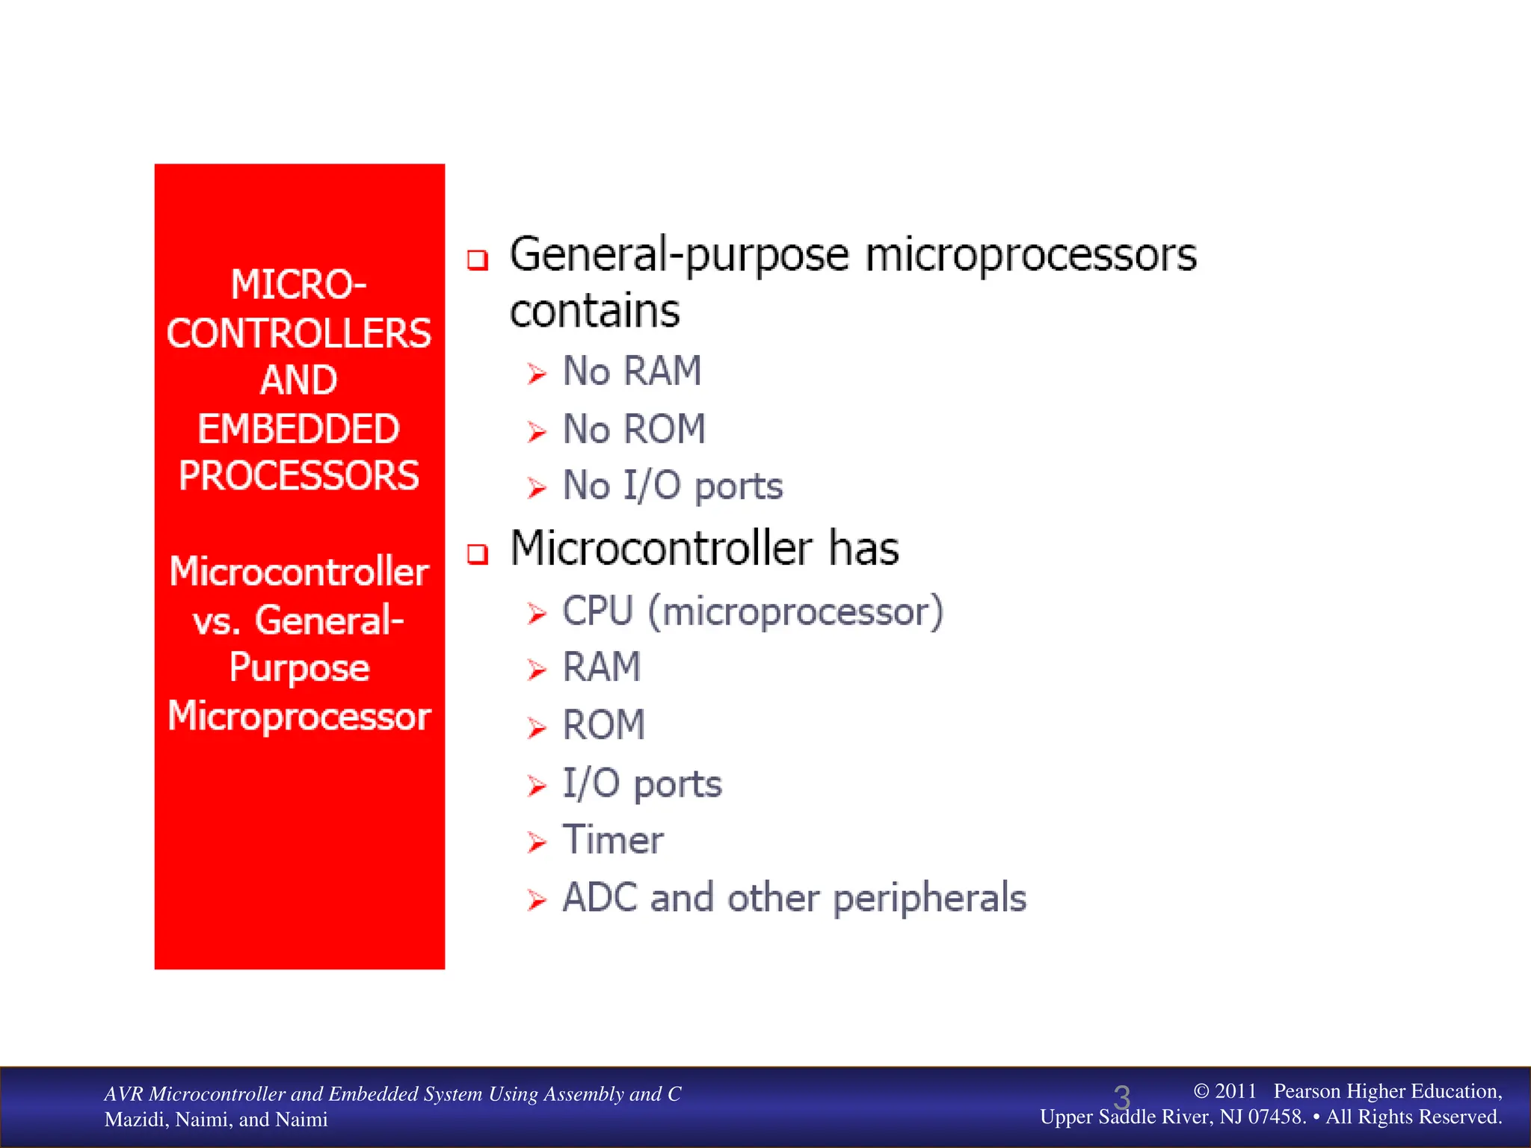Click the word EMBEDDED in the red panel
(298, 429)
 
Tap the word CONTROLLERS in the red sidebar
(298, 333)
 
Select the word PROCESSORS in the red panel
(298, 476)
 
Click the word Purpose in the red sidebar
(299, 667)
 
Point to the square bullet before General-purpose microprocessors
(478, 260)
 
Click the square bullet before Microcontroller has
(478, 554)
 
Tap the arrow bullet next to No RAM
(536, 373)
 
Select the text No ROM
(634, 429)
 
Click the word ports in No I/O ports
(739, 487)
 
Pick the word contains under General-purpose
(594, 311)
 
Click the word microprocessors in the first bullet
(1031, 256)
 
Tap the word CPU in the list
(598, 611)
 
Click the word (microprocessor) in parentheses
(795, 612)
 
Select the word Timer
(612, 840)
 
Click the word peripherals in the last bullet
(929, 899)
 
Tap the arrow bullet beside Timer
(536, 842)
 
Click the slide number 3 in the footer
(1121, 1098)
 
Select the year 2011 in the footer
(1235, 1091)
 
